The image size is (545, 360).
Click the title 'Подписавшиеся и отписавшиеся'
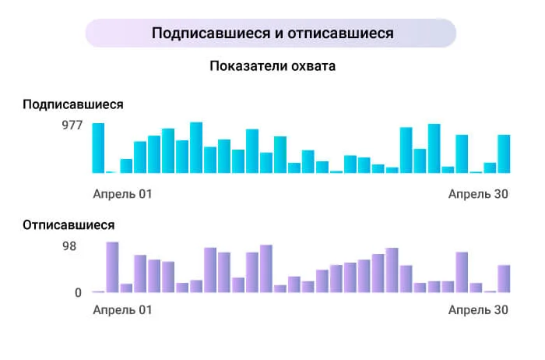pyautogui.click(x=272, y=34)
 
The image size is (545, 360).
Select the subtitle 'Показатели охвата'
pyautogui.click(x=272, y=66)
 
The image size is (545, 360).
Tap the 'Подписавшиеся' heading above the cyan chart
pyautogui.click(x=73, y=104)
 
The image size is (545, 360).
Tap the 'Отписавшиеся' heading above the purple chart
pyautogui.click(x=69, y=225)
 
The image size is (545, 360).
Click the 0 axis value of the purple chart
pyautogui.click(x=78, y=293)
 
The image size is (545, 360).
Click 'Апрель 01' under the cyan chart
pyautogui.click(x=122, y=193)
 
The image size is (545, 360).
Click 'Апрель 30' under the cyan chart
pyautogui.click(x=478, y=193)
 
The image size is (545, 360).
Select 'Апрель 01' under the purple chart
pyautogui.click(x=122, y=310)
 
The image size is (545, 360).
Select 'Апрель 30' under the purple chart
pyautogui.click(x=478, y=310)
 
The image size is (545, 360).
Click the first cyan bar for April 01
pyautogui.click(x=98, y=148)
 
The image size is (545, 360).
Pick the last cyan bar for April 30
pyautogui.click(x=504, y=154)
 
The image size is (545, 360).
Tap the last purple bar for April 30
pyautogui.click(x=504, y=279)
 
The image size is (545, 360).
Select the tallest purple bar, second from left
pyautogui.click(x=112, y=267)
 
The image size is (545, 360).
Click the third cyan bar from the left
pyautogui.click(x=126, y=165)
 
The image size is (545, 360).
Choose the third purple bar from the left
pyautogui.click(x=126, y=288)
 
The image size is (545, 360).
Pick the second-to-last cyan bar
pyautogui.click(x=490, y=168)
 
